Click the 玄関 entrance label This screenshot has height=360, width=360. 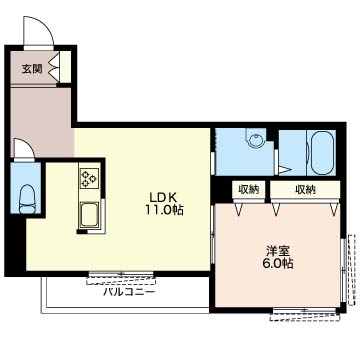32,69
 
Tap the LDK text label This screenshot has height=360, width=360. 163,197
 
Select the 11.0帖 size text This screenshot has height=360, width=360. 164,210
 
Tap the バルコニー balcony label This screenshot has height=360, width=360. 129,292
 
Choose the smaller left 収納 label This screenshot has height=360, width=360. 249,189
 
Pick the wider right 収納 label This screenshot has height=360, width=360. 305,189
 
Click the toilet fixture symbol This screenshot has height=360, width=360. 26,199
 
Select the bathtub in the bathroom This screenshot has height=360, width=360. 322,152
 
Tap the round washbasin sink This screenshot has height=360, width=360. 256,138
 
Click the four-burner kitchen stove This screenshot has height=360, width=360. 89,178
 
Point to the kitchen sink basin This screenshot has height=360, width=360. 89,215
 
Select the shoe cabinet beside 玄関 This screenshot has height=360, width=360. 65,67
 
